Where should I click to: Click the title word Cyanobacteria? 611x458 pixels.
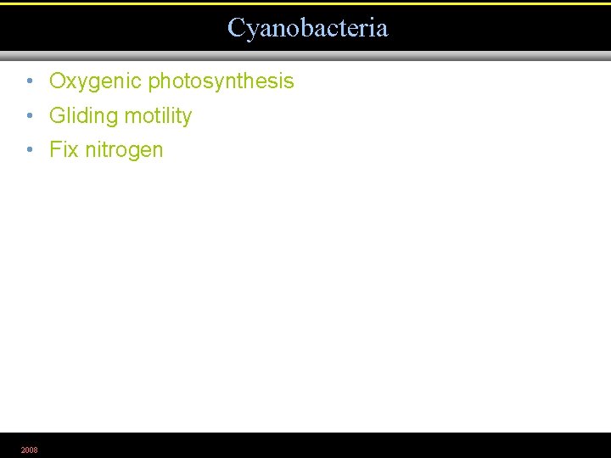[x=307, y=28]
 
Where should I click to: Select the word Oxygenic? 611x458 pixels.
[x=96, y=81]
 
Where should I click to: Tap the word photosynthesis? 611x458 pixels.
[x=221, y=81]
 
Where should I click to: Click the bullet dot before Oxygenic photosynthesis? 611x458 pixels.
[x=29, y=81]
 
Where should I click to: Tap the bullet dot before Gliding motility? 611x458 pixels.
[x=29, y=115]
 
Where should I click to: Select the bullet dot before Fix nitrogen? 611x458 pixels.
[x=29, y=150]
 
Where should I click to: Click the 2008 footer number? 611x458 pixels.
[x=29, y=450]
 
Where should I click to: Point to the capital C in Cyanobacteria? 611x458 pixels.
[x=236, y=28]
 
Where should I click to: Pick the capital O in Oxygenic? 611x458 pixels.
[x=58, y=81]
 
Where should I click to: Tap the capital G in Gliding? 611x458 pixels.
[x=58, y=115]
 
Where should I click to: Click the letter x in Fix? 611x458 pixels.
[x=73, y=150]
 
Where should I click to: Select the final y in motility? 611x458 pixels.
[x=187, y=117]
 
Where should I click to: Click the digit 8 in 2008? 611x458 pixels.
[x=35, y=450]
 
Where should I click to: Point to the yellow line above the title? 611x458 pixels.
[x=305, y=3]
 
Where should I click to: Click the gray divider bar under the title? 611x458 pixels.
[x=305, y=56]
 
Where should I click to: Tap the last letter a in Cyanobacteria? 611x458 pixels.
[x=382, y=29]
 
